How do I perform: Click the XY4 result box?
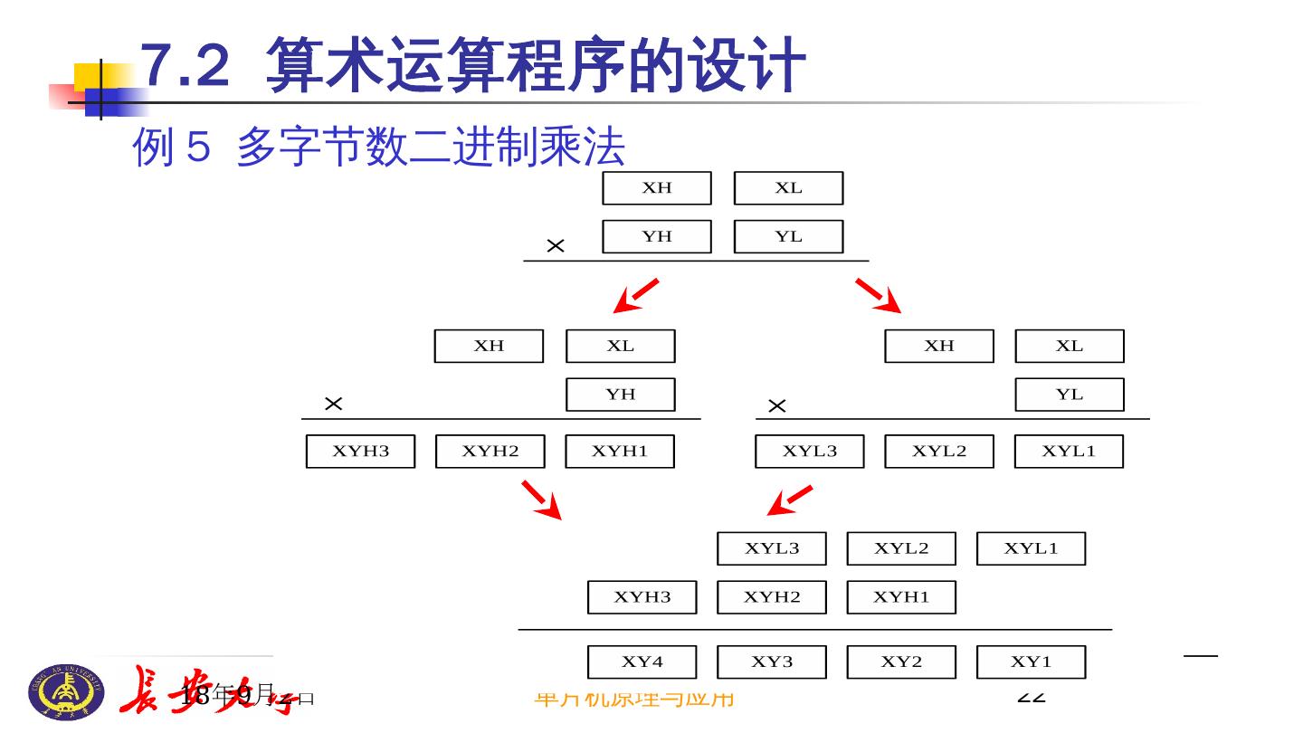[642, 662]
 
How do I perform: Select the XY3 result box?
[771, 662]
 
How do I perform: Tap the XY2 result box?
[901, 662]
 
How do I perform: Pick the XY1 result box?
[1031, 662]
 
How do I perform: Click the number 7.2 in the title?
[186, 66]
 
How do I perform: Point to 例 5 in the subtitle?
[172, 147]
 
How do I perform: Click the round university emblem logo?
[66, 692]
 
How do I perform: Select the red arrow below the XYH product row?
[542, 500]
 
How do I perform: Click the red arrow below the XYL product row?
[789, 500]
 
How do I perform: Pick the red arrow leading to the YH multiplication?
[635, 295]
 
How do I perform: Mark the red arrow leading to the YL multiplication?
[879, 295]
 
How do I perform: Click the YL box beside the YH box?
[788, 236]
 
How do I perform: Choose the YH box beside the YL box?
[657, 236]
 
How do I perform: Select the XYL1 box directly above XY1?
[1031, 548]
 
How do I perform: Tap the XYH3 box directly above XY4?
[642, 597]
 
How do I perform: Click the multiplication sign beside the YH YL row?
[556, 245]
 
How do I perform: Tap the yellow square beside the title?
[90, 78]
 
